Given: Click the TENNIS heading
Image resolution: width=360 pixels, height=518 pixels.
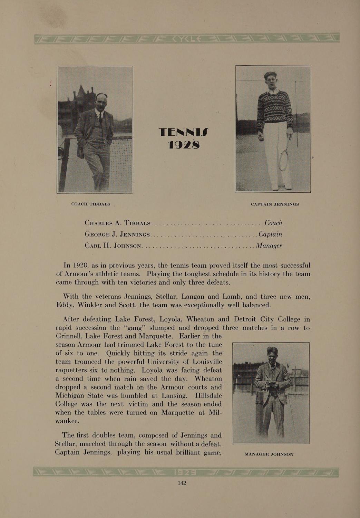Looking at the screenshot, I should (x=184, y=132).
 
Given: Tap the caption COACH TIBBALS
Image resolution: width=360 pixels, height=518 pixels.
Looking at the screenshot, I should (x=90, y=204).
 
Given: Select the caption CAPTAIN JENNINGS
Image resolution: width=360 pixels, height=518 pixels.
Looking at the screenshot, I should (x=275, y=204).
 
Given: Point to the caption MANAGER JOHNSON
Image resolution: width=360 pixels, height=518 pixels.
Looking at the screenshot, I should (x=269, y=454).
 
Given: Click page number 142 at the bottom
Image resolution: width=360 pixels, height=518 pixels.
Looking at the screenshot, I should (x=182, y=483).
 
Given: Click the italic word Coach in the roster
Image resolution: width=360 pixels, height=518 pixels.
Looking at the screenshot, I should (x=273, y=223).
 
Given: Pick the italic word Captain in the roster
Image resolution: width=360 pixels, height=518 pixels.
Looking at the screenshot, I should (x=270, y=234).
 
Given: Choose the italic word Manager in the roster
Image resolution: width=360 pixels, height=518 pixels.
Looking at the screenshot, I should (x=269, y=246).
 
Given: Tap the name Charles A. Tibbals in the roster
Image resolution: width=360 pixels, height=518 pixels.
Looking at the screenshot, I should (x=117, y=223).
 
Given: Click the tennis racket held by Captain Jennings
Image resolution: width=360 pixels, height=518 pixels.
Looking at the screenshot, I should (x=284, y=159).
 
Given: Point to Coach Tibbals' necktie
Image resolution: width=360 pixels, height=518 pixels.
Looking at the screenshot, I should (x=100, y=119).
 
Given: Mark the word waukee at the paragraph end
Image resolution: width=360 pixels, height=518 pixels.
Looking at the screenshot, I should (x=68, y=421).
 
